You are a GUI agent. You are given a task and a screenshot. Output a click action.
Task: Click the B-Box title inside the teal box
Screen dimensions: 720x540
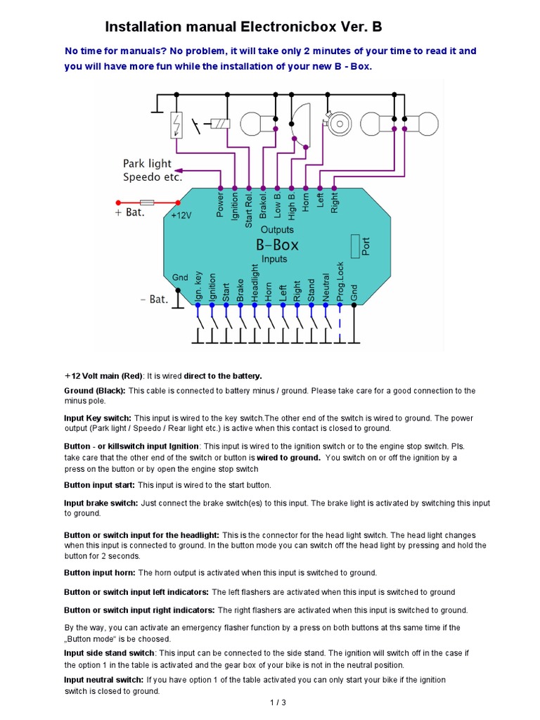click(276, 245)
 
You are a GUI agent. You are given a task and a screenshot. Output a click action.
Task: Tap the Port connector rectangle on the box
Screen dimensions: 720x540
click(354, 246)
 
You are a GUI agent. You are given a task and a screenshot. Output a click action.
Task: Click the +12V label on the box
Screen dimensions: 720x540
click(181, 216)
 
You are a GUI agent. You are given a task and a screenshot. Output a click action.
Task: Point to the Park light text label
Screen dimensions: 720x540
click(148, 164)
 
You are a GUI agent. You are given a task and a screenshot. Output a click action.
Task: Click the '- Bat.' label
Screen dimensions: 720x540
click(154, 299)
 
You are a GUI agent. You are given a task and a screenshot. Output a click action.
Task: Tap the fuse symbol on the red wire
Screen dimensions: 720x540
click(148, 201)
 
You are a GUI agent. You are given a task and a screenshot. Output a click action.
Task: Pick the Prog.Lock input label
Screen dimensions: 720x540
click(340, 282)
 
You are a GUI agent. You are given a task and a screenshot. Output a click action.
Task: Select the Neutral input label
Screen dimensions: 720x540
click(326, 288)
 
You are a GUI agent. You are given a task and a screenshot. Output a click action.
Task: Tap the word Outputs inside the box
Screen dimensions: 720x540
click(277, 230)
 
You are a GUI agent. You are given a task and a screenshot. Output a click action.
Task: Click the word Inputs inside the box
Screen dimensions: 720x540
click(274, 259)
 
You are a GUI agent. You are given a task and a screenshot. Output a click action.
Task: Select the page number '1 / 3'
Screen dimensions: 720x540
click(278, 702)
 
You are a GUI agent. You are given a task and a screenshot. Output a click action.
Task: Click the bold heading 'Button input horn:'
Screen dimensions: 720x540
click(100, 572)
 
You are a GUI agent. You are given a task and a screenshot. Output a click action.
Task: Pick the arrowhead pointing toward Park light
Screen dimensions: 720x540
click(179, 170)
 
